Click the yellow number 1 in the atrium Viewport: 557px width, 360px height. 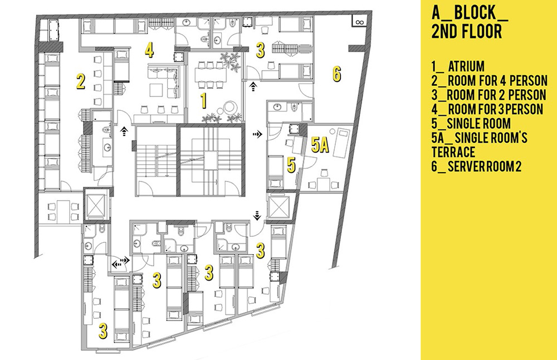tap(203, 100)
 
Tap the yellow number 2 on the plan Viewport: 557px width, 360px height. tap(81, 81)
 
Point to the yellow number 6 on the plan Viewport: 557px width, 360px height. tap(337, 74)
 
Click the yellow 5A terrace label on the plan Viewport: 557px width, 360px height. tap(320, 145)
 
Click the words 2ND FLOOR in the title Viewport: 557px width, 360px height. tap(467, 31)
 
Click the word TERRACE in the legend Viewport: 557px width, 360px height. tap(453, 152)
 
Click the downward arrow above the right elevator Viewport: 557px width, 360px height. tap(257, 215)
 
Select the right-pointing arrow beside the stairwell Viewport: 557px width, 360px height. tap(257, 134)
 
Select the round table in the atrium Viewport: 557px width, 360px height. tap(229, 107)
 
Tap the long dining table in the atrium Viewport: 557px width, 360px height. tap(211, 75)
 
